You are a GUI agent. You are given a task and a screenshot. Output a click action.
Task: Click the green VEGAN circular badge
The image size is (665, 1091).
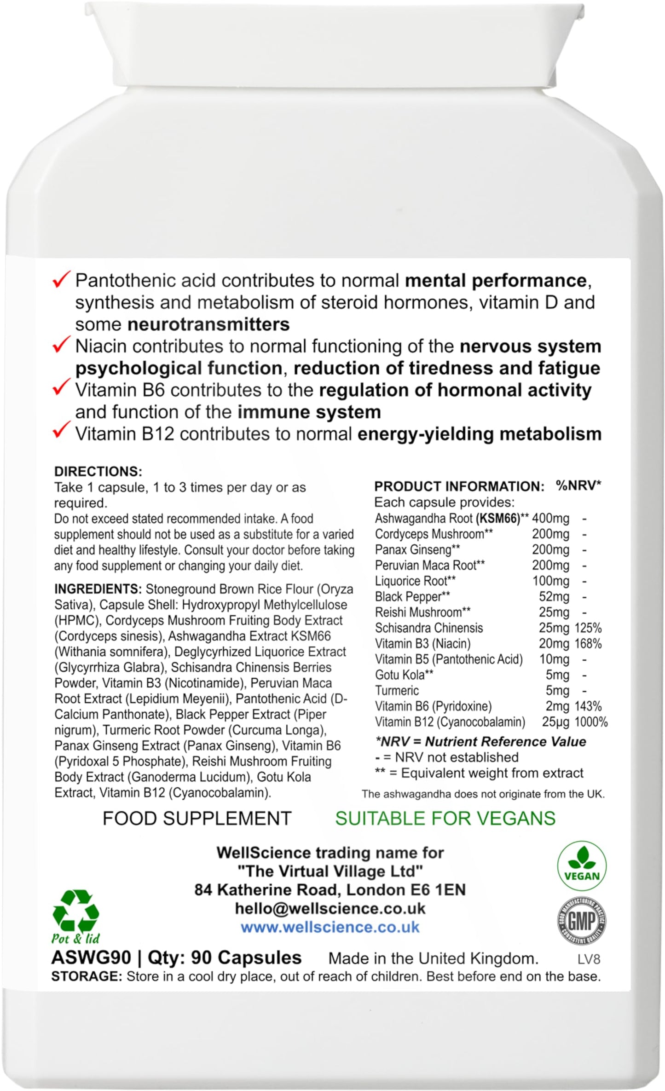[581, 869]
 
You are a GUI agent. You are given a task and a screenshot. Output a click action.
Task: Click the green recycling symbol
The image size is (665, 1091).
[76, 911]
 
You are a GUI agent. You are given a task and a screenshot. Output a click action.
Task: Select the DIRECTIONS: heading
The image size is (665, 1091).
[98, 471]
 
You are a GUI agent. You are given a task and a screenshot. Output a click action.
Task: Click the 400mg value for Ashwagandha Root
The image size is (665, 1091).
[550, 519]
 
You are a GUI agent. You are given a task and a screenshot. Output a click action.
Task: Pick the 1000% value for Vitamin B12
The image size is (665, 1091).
[590, 722]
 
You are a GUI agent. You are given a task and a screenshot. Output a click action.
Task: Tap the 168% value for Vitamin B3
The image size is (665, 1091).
[588, 644]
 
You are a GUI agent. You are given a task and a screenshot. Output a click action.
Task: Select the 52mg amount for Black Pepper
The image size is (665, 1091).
[554, 597]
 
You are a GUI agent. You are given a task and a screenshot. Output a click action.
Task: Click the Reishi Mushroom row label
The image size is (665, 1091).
[422, 612]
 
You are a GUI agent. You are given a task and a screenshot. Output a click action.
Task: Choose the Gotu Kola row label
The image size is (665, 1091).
[405, 675]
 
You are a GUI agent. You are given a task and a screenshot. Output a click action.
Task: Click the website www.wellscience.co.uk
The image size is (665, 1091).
[330, 927]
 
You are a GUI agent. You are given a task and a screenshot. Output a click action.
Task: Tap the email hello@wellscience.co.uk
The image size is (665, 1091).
[330, 908]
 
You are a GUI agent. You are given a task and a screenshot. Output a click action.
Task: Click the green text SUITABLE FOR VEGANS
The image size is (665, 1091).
[445, 818]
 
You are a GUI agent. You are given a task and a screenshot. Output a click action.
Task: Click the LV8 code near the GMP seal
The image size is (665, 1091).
[589, 959]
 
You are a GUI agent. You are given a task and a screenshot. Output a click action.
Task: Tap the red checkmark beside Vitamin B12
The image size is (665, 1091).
[61, 432]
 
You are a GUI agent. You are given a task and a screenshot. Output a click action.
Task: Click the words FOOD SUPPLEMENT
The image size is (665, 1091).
[197, 818]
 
